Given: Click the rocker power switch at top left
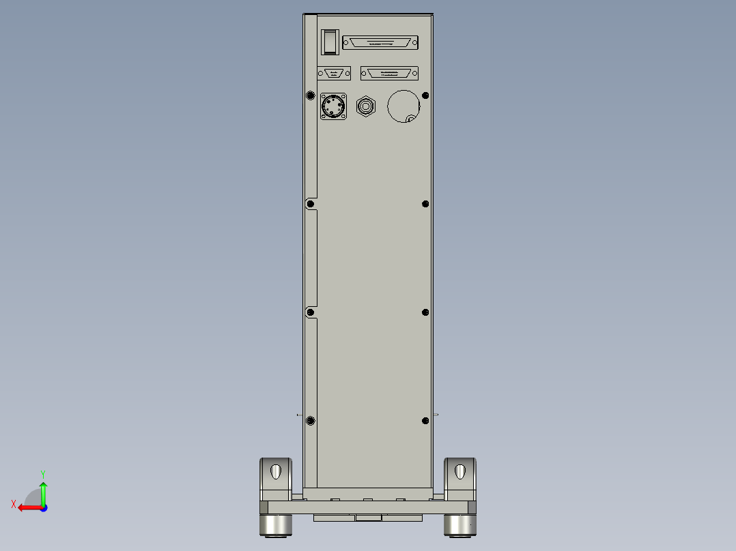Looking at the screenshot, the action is pyautogui.click(x=330, y=42).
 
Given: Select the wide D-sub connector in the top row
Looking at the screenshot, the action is pyautogui.click(x=380, y=43).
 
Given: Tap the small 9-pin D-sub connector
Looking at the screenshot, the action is pyautogui.click(x=334, y=73).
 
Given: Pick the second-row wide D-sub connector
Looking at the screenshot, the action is pyautogui.click(x=389, y=73).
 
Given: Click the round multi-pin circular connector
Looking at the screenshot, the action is pyautogui.click(x=333, y=106).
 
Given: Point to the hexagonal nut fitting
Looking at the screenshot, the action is pyautogui.click(x=366, y=106).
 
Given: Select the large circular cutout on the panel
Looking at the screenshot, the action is pyautogui.click(x=404, y=106).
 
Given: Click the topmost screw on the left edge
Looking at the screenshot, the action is pyautogui.click(x=310, y=95).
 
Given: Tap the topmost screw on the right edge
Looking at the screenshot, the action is pyautogui.click(x=425, y=95).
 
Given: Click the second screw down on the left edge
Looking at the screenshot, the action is pyautogui.click(x=310, y=204).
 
